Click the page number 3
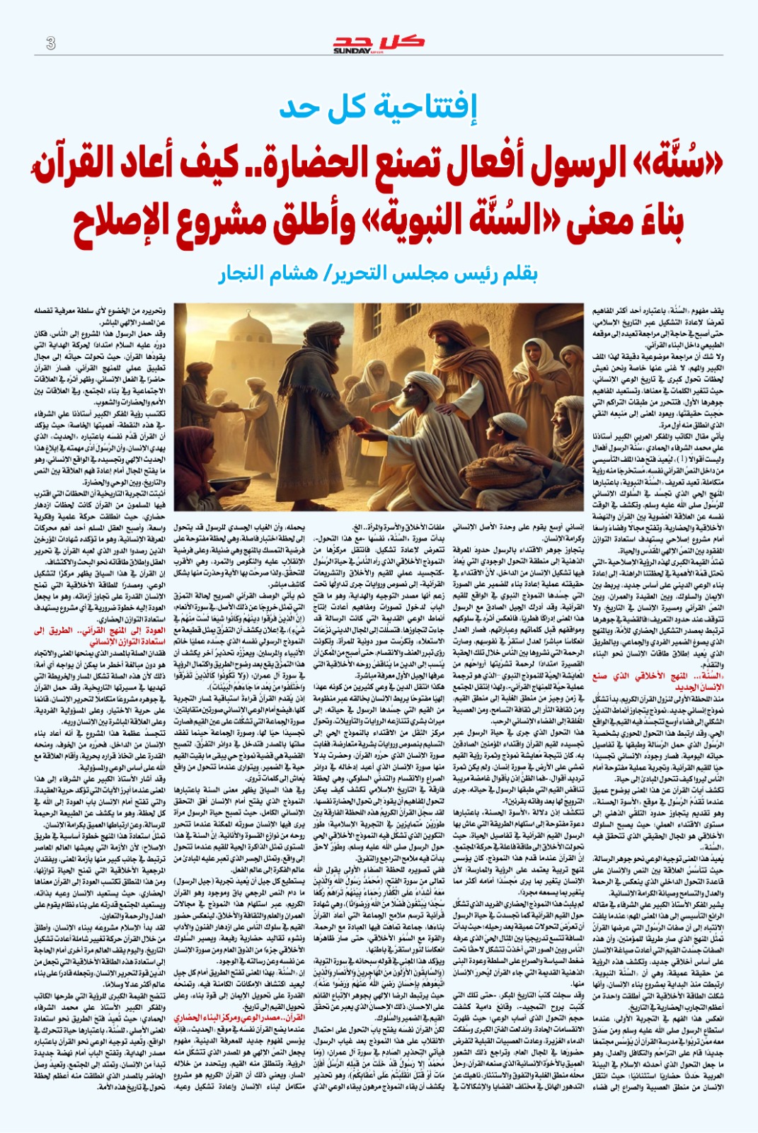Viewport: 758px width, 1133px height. tap(50, 43)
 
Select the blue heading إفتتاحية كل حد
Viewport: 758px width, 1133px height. tap(378, 106)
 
